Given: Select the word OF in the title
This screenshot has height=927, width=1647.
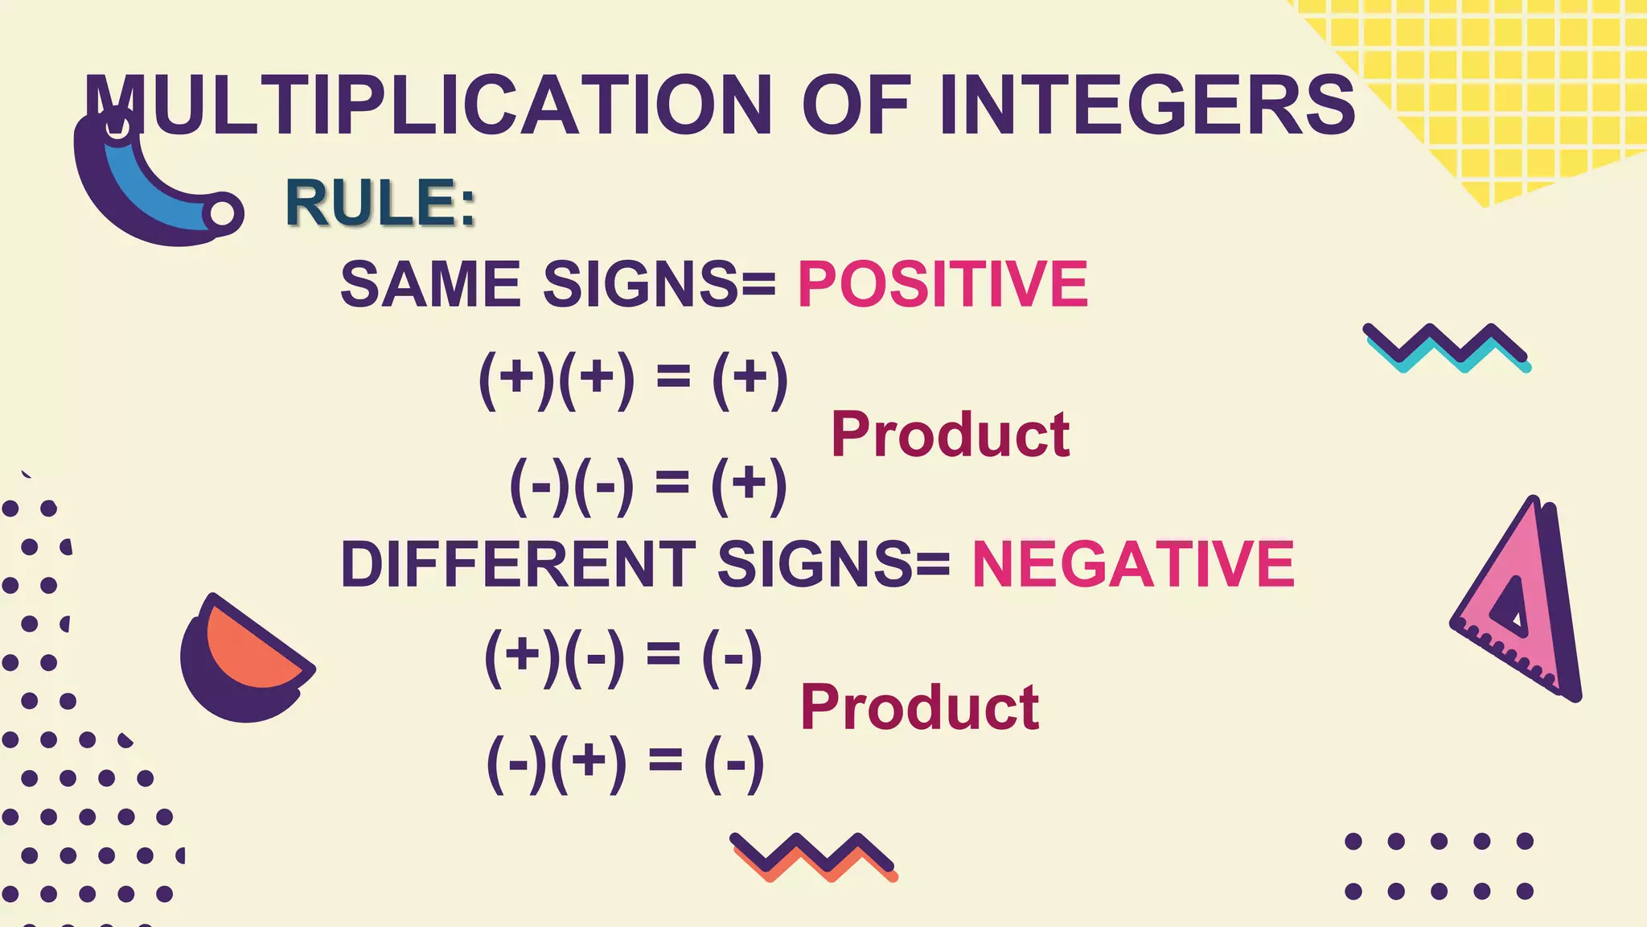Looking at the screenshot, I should pyautogui.click(x=856, y=105).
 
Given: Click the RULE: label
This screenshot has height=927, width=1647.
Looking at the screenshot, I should pyautogui.click(x=380, y=203).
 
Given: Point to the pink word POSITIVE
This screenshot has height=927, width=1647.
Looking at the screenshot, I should pyautogui.click(x=943, y=284).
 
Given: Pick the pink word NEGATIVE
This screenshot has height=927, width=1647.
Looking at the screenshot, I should pyautogui.click(x=1133, y=564).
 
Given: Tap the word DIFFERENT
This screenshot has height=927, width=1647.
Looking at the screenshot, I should pyautogui.click(x=518, y=564).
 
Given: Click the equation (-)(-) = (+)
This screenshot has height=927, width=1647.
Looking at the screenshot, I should pyautogui.click(x=648, y=485).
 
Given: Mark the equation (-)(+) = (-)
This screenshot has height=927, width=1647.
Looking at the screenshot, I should pyautogui.click(x=625, y=762).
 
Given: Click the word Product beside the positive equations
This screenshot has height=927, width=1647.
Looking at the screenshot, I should pyautogui.click(x=950, y=435).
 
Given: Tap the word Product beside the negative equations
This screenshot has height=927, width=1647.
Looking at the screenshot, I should pyautogui.click(x=919, y=707).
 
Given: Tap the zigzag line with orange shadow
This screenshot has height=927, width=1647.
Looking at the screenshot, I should pyautogui.click(x=813, y=857).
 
